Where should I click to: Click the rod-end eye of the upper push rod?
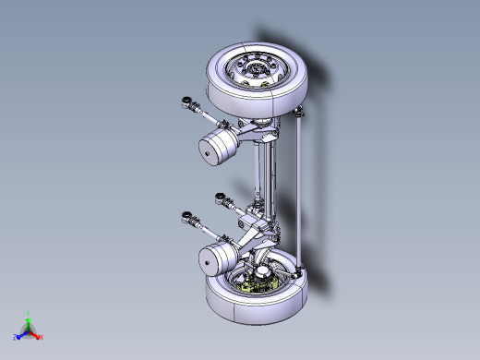[x=187, y=101]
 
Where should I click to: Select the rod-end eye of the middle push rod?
[x=221, y=196]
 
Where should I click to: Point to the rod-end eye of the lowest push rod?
[x=187, y=217]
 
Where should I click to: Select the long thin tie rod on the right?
[x=301, y=185]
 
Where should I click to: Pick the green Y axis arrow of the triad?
[x=29, y=316]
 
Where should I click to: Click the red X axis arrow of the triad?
[x=39, y=336]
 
